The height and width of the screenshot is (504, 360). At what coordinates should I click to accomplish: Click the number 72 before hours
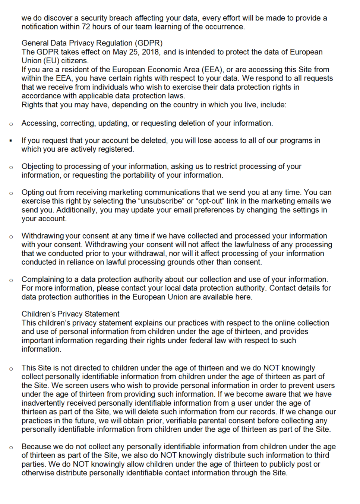86,27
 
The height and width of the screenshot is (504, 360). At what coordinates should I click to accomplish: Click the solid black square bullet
11,141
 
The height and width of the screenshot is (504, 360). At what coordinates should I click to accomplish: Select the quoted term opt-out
210,201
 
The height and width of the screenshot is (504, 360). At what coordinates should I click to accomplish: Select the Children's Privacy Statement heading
70,314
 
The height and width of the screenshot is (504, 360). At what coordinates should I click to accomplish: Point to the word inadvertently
45,403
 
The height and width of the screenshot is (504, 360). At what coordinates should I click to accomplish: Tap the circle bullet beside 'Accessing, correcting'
11,124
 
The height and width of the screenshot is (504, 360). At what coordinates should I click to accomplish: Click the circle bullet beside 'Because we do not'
11,447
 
